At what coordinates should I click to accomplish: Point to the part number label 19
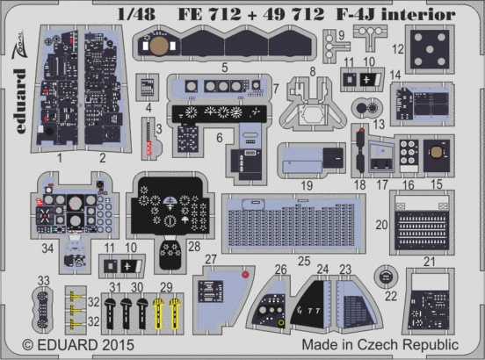point(307,187)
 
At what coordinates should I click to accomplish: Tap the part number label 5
point(225,67)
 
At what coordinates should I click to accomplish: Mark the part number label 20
point(379,226)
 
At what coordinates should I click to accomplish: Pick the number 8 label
point(313,71)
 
